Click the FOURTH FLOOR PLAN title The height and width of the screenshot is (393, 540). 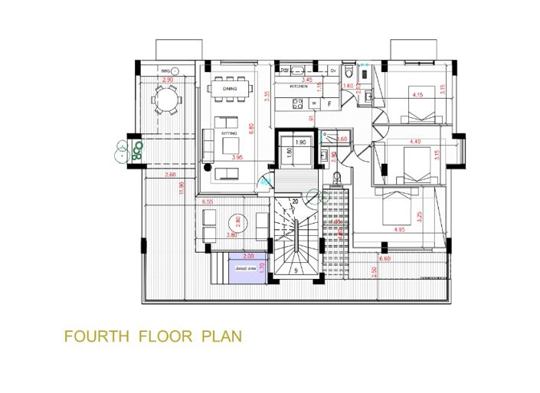[x=153, y=336]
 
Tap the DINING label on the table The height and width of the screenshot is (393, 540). [x=230, y=89]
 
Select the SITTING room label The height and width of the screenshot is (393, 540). [x=229, y=133]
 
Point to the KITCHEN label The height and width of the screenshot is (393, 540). [x=299, y=87]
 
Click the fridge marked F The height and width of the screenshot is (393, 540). [x=329, y=102]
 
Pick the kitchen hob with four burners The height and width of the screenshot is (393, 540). [x=296, y=103]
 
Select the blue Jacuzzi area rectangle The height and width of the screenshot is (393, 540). [x=247, y=270]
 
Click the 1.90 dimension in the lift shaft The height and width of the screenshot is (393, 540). [x=300, y=142]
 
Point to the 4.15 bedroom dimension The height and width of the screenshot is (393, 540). [x=418, y=95]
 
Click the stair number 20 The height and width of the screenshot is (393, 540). [x=295, y=201]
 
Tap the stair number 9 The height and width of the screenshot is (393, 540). [x=295, y=270]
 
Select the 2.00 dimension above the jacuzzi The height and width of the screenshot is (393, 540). [x=247, y=256]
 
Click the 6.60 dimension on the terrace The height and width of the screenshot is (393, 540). [x=385, y=260]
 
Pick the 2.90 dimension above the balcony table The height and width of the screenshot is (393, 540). [x=167, y=80]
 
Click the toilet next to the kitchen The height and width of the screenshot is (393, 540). [x=349, y=71]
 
